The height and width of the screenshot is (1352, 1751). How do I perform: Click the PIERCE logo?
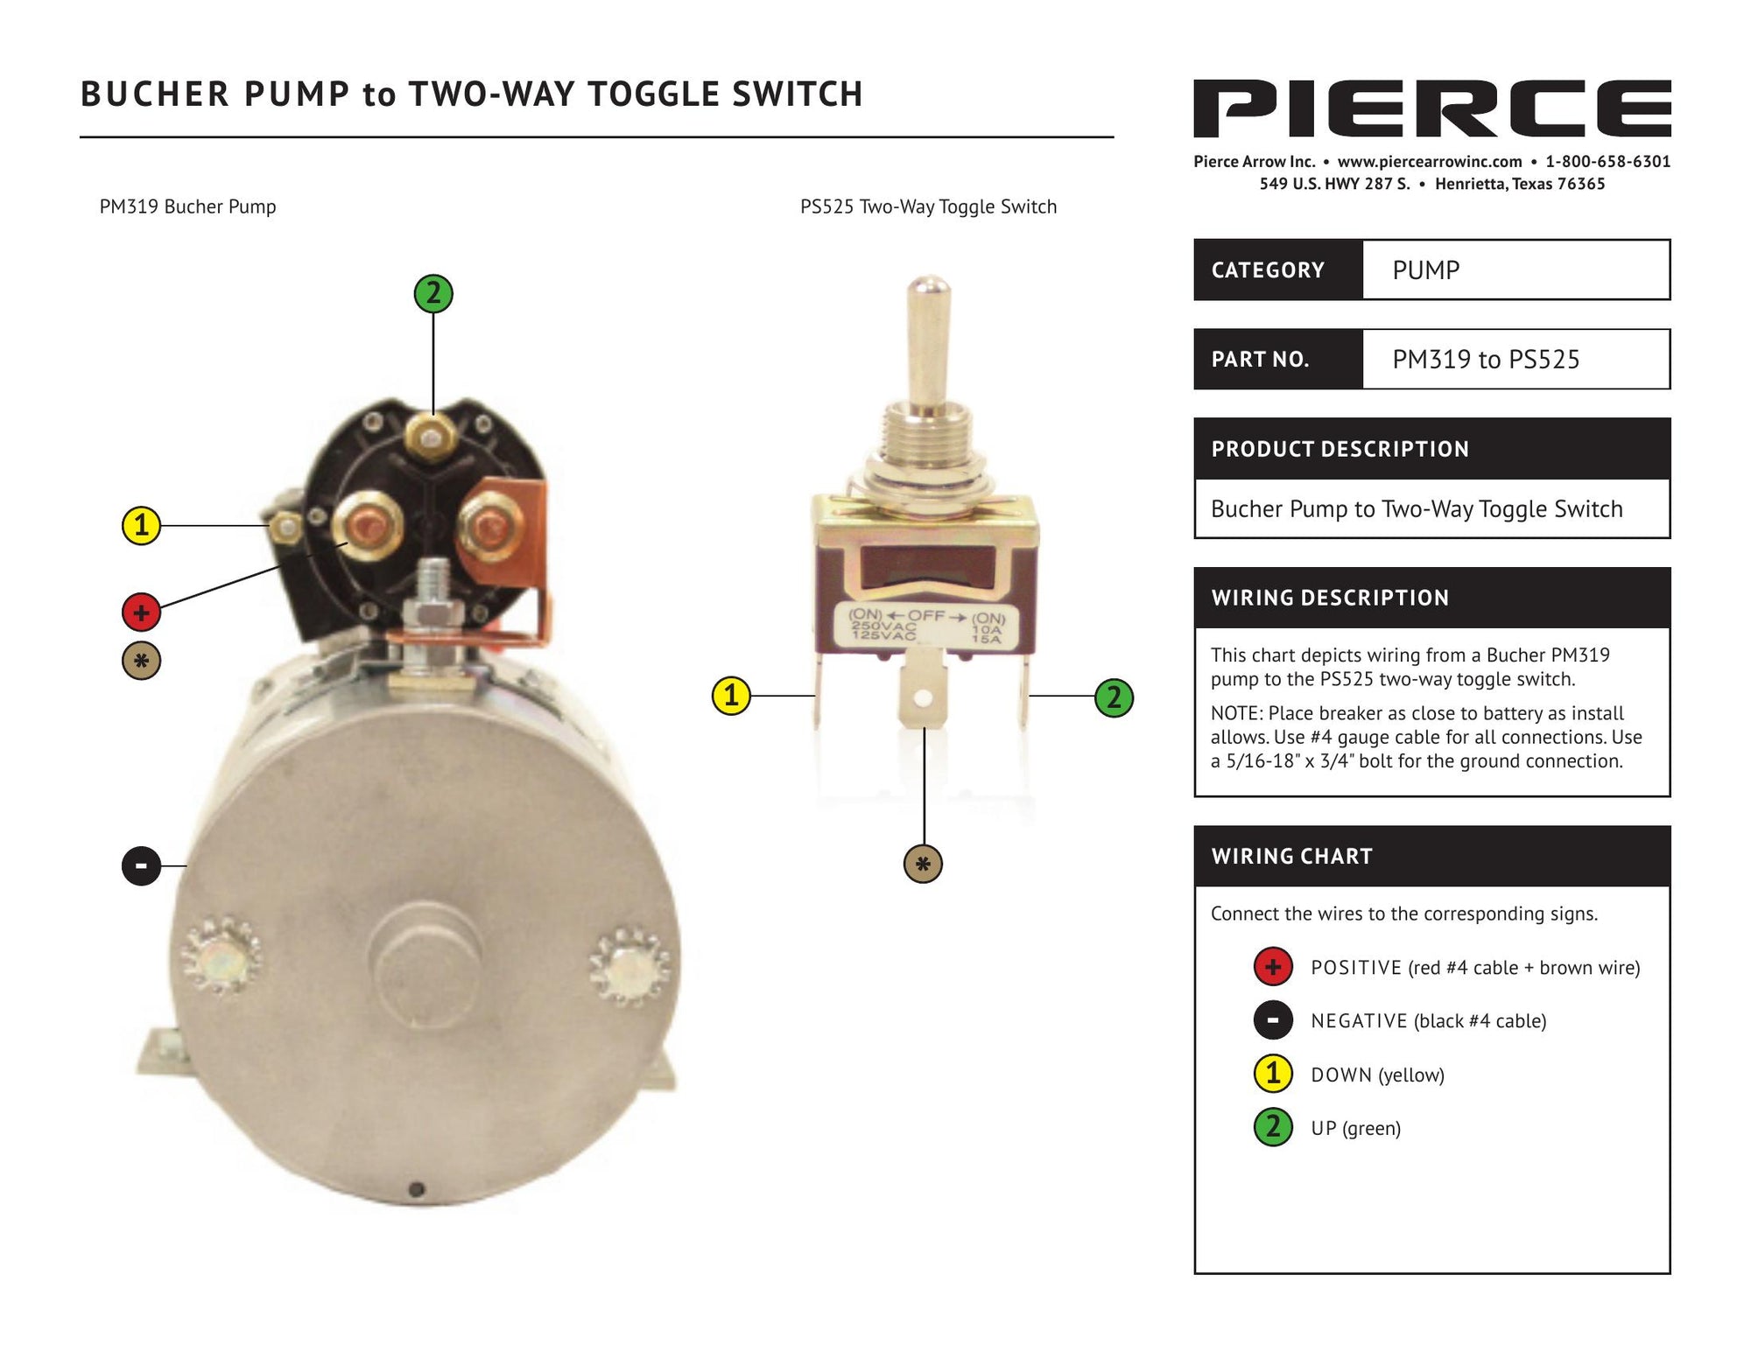1431,109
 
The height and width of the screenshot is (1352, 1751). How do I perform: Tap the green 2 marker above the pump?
433,293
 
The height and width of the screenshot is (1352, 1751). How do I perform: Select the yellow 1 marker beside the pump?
141,526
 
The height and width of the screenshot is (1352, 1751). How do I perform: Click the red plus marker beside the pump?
141,613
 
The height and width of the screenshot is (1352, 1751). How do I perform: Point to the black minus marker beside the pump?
141,866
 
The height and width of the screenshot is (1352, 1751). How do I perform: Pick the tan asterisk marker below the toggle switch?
923,865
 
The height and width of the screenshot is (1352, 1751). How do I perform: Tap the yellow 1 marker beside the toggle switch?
731,697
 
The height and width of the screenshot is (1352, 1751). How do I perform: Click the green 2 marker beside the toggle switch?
1114,697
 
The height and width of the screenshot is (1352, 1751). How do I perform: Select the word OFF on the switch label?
926,616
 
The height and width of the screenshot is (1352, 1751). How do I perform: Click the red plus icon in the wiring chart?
1273,967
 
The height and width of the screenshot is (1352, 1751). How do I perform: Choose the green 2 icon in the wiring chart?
1273,1127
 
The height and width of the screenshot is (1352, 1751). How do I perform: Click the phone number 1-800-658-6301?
1608,162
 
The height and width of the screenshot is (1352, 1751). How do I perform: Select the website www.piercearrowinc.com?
1430,162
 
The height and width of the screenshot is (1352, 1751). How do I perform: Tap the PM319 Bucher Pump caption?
187,207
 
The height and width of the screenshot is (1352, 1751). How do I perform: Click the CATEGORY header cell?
1278,270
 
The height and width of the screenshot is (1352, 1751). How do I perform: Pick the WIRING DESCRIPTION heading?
1330,598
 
